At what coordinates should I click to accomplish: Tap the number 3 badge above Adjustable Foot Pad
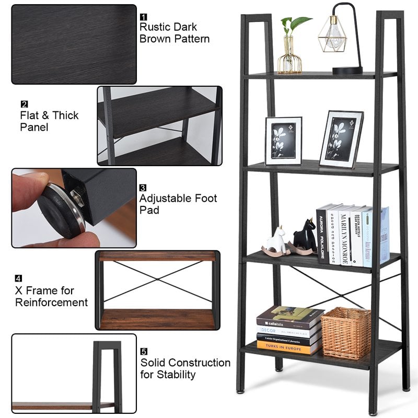[x=143, y=187]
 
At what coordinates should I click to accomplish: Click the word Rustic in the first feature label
[x=155, y=27]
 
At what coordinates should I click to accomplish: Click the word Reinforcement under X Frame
[x=51, y=303]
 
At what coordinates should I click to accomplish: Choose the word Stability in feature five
[x=175, y=375]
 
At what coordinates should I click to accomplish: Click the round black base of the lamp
[x=347, y=69]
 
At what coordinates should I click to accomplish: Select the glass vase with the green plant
[x=289, y=55]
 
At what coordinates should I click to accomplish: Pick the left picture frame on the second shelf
[x=283, y=141]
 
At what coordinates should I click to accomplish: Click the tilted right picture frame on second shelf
[x=341, y=140]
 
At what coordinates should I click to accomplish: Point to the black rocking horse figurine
[x=305, y=237]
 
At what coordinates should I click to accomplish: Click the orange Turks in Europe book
[x=289, y=347]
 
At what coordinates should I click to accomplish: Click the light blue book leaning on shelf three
[x=384, y=235]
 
